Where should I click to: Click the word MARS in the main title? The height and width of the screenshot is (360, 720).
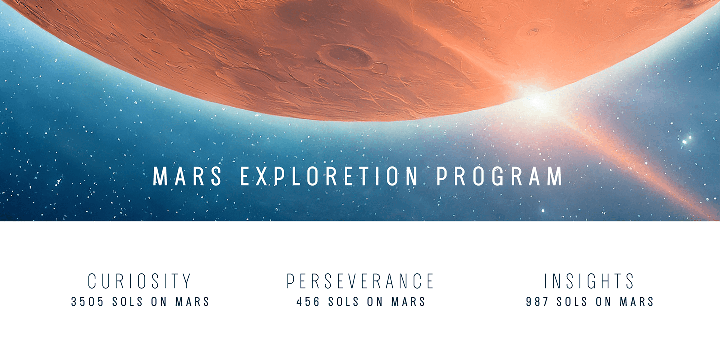(187, 176)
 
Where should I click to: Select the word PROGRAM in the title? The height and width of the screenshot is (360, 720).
(500, 176)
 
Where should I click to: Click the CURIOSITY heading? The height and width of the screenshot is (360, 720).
(140, 281)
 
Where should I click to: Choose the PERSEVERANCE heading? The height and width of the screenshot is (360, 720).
(360, 281)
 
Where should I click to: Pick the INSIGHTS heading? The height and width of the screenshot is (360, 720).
(589, 281)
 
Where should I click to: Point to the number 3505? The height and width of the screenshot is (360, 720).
(88, 302)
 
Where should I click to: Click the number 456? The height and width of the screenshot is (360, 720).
(308, 302)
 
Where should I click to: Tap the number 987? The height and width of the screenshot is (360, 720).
(537, 302)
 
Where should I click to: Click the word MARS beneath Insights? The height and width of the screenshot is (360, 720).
(637, 302)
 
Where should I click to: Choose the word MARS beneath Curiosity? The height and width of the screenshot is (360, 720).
(192, 302)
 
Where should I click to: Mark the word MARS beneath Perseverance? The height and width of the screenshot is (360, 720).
(408, 302)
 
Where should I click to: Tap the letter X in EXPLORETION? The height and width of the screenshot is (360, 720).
(263, 176)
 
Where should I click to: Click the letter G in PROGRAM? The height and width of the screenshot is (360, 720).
(498, 176)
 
